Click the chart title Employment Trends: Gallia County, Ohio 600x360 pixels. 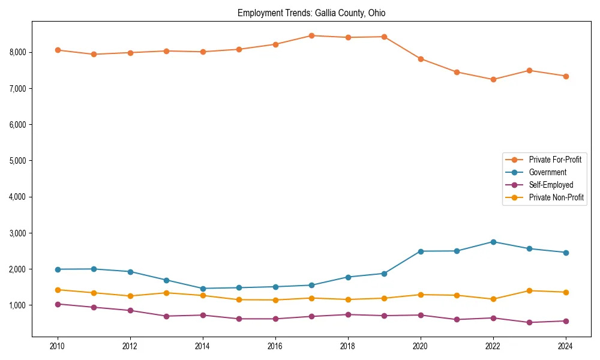315,13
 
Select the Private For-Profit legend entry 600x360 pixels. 554,160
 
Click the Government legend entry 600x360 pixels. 547,172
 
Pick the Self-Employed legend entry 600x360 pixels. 551,185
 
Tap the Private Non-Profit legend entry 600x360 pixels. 556,197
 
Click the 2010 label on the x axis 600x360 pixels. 58,346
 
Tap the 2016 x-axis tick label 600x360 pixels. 275,346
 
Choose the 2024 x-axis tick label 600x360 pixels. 565,346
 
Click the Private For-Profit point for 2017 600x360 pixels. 311,35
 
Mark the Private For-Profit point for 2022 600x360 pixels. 493,79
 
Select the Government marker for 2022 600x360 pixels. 493,242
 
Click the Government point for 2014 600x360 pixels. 203,289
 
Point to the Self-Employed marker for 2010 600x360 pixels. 58,304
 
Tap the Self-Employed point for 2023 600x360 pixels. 529,323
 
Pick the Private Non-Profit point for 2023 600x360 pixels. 529,290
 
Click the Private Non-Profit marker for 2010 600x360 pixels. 58,290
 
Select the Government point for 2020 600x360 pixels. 421,251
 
